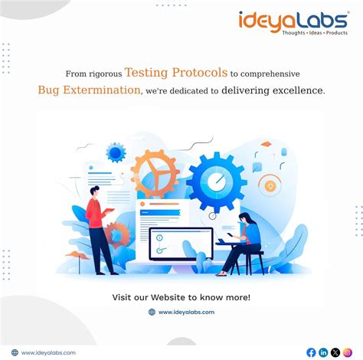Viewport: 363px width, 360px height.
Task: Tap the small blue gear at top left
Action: tap(116, 152)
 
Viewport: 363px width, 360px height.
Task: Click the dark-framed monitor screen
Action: tap(181, 244)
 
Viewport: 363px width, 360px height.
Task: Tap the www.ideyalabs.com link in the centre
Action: tap(187, 312)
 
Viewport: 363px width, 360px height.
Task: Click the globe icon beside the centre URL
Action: tap(152, 312)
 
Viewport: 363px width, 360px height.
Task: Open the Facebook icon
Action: tap(311, 352)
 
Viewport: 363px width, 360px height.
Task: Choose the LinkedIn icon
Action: tap(323, 352)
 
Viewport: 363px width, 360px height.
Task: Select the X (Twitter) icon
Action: tap(335, 352)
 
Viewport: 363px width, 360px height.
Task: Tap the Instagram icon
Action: tap(347, 352)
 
